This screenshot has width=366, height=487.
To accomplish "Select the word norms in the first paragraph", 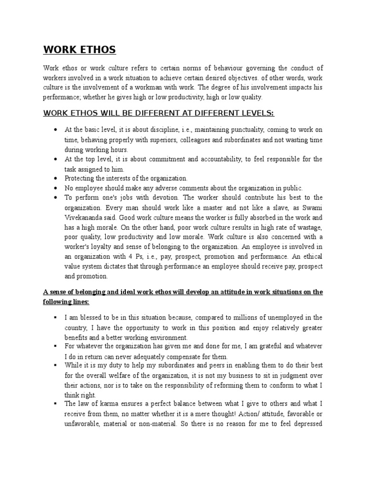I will pyautogui.click(x=193, y=68).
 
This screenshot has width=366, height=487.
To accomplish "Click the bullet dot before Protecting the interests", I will pyautogui.click(x=56, y=178).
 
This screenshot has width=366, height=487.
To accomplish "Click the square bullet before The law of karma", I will pyautogui.click(x=56, y=405).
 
